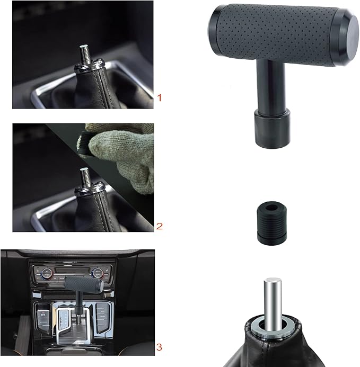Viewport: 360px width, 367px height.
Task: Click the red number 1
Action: [159, 97]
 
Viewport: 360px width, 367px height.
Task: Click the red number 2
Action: [160, 226]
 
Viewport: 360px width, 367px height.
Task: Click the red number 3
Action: [160, 347]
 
